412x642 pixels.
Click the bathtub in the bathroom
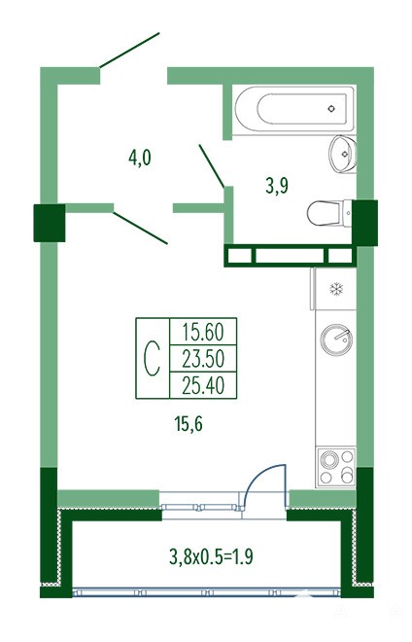click(x=294, y=109)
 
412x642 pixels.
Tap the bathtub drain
click(x=331, y=109)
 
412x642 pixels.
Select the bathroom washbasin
click(x=343, y=155)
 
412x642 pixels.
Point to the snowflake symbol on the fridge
click(x=336, y=289)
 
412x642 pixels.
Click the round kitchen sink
click(x=336, y=339)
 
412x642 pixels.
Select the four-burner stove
click(x=336, y=467)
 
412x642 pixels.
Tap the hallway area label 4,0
click(x=140, y=158)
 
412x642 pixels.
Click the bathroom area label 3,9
click(x=277, y=187)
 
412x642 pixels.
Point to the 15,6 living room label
click(x=189, y=424)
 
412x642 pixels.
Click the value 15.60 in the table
click(x=203, y=332)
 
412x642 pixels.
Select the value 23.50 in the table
click(x=203, y=359)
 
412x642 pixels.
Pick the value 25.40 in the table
click(x=203, y=385)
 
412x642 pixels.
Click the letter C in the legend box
click(x=153, y=359)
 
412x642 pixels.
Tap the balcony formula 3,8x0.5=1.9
click(x=211, y=556)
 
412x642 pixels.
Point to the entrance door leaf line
click(x=129, y=50)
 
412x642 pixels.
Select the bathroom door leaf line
click(x=212, y=165)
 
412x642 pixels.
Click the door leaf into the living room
click(x=140, y=228)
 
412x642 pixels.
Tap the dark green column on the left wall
click(x=50, y=223)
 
